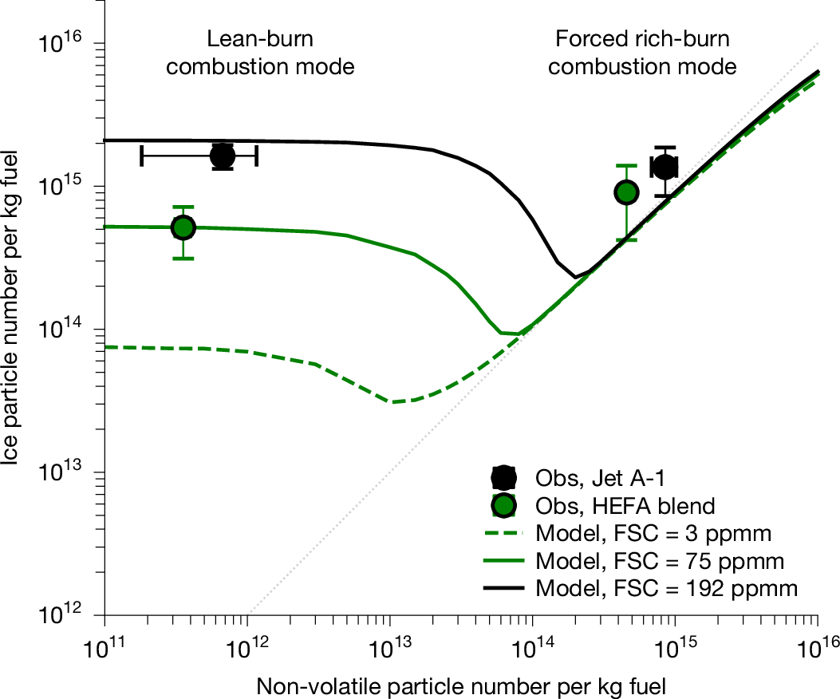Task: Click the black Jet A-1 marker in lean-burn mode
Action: point(223,156)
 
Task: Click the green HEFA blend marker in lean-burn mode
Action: point(183,227)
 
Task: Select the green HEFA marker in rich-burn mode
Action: point(626,192)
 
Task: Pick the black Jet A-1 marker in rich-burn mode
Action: point(665,168)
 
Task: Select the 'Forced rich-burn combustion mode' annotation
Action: point(642,53)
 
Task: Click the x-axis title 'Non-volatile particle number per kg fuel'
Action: point(461,684)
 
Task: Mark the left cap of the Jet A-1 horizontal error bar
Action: point(141,156)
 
